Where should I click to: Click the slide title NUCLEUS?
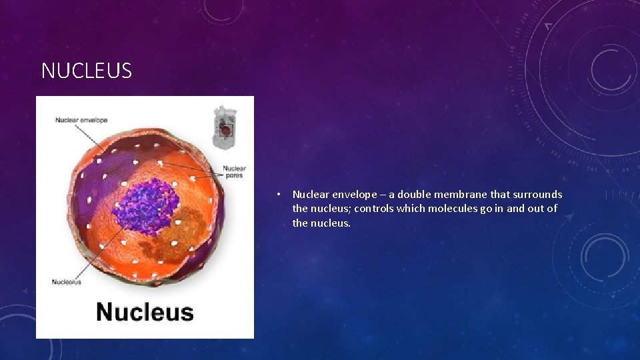(87, 71)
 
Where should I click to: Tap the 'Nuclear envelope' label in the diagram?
(81, 120)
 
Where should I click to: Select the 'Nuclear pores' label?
(234, 171)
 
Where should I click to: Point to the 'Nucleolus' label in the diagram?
(67, 282)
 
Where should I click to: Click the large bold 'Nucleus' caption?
(145, 312)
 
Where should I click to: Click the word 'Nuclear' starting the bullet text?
(311, 195)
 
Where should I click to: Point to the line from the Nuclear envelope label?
(90, 133)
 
